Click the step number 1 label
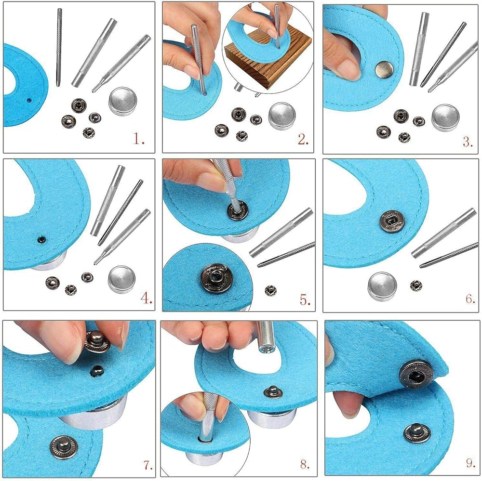138,140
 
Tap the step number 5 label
305,299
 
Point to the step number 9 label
470,463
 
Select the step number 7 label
148,465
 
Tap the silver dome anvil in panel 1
122,101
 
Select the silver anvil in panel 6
382,286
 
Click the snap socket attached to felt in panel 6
392,221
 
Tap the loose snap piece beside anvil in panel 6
416,286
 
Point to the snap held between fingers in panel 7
97,341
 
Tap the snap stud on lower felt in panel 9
417,432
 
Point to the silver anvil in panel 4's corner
122,279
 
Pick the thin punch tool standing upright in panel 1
59,48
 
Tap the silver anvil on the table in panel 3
445,118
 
